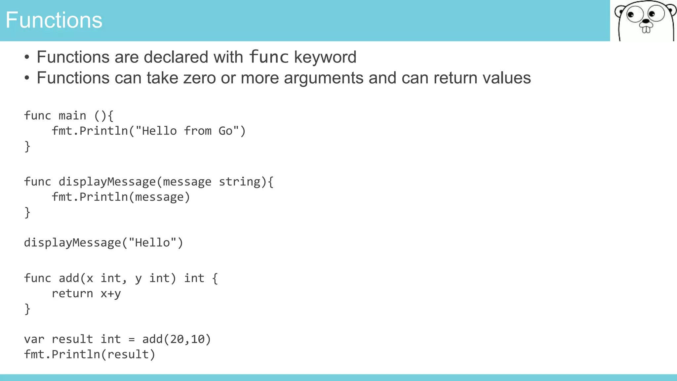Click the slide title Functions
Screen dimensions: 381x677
(x=54, y=20)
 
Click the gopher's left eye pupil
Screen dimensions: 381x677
(x=630, y=15)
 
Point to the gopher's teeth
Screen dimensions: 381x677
(x=646, y=30)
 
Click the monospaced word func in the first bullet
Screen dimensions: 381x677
(x=269, y=57)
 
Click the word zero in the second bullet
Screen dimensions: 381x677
(x=199, y=78)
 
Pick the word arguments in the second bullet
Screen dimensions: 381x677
(x=323, y=78)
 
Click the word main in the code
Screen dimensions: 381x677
(x=72, y=116)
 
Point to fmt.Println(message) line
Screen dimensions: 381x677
(x=121, y=197)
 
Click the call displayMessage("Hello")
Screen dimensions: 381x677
(x=103, y=243)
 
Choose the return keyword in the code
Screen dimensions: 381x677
(x=72, y=293)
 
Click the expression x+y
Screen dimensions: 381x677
(x=111, y=293)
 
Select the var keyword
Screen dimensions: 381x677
(x=34, y=339)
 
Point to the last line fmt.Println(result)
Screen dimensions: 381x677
(x=90, y=355)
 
